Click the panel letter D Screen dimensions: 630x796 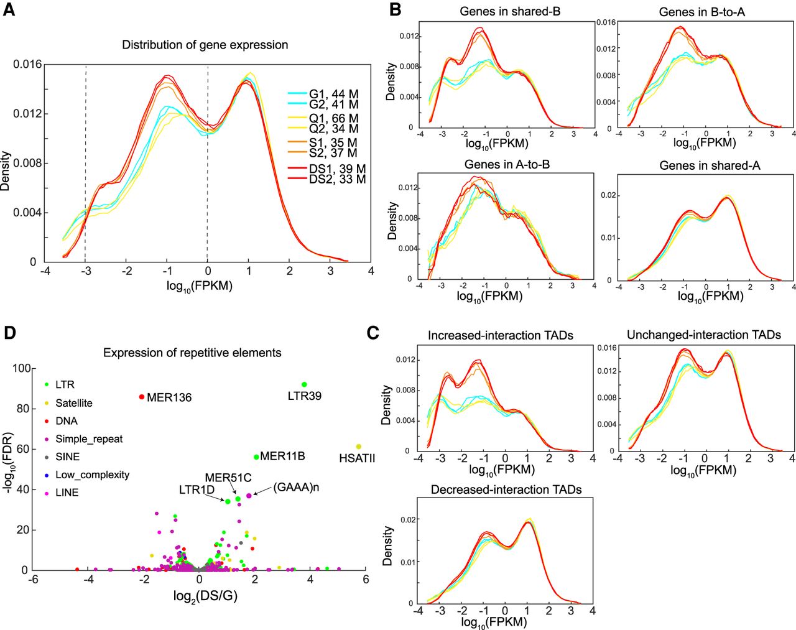(x=10, y=333)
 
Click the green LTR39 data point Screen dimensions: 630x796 (x=304, y=384)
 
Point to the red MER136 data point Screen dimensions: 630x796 (x=142, y=397)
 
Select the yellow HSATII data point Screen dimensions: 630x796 (x=358, y=447)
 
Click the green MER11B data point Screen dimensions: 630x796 (x=256, y=457)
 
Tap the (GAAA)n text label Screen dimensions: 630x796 (x=296, y=488)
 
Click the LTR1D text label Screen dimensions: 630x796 (x=197, y=489)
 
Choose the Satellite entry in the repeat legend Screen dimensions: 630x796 (x=74, y=403)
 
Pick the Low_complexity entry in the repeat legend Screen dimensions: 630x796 (x=92, y=475)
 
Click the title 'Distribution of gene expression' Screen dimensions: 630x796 (x=205, y=45)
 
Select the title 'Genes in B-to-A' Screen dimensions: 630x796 (x=701, y=12)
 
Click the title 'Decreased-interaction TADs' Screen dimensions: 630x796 (x=506, y=489)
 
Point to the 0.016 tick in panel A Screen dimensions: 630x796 (x=27, y=64)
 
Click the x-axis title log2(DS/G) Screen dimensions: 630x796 (x=206, y=596)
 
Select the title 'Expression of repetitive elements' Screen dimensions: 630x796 (x=192, y=353)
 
